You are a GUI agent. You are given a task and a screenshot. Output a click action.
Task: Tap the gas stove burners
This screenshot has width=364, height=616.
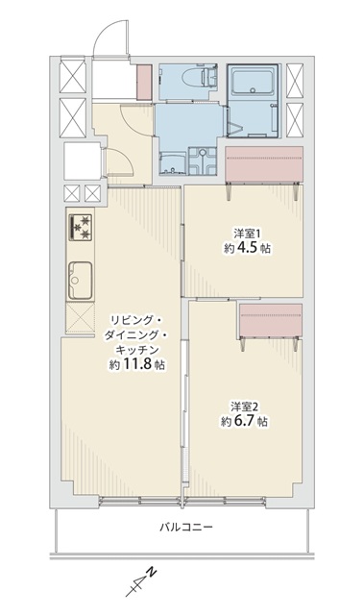pyautogui.click(x=81, y=227)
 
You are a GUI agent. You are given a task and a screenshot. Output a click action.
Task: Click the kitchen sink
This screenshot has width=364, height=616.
pyautogui.click(x=81, y=280)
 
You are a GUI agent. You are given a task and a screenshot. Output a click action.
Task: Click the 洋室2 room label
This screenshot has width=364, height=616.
pyautogui.click(x=243, y=406)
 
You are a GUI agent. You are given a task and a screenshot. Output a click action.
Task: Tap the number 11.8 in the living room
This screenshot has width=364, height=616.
pyautogui.click(x=137, y=364)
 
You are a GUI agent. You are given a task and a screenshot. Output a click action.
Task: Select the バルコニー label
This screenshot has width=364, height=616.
pyautogui.click(x=185, y=527)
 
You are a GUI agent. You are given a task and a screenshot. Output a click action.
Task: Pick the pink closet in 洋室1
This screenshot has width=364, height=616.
pyautogui.click(x=264, y=164)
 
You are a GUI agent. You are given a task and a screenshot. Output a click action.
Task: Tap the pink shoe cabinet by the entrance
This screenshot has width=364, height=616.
pyautogui.click(x=144, y=83)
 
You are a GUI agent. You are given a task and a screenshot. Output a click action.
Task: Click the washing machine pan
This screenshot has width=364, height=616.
pyautogui.click(x=203, y=161)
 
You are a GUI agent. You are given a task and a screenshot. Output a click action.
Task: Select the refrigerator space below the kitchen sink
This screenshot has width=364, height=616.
pyautogui.click(x=81, y=318)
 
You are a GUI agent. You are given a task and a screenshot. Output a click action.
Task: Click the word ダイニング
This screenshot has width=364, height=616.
pyautogui.click(x=132, y=334)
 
